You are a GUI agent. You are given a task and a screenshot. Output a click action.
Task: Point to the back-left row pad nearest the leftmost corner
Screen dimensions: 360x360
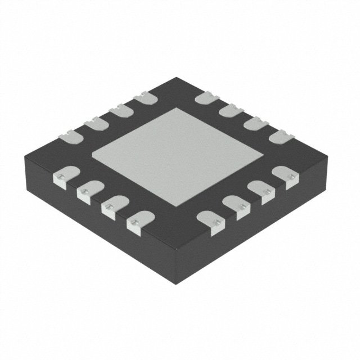(69, 134)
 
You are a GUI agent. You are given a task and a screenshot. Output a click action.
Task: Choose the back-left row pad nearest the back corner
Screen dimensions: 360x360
(145, 97)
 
